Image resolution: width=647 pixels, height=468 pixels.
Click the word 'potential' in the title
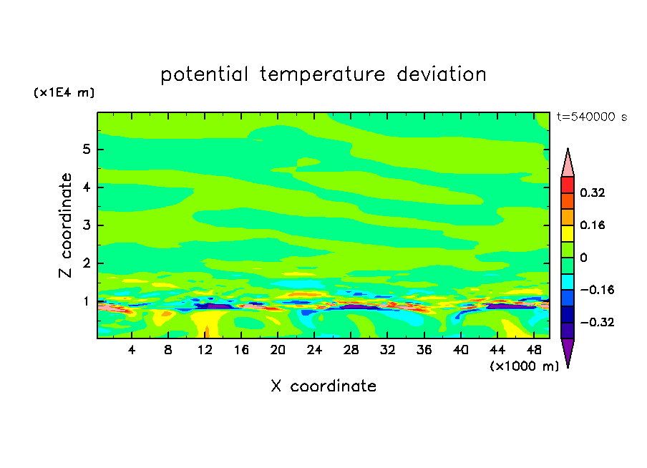[x=204, y=75]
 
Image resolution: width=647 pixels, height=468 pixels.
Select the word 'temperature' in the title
[x=322, y=75]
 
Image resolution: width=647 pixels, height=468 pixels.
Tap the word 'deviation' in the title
[x=441, y=74]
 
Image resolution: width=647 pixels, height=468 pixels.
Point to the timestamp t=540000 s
[x=592, y=117]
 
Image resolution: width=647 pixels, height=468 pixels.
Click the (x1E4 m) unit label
[x=64, y=92]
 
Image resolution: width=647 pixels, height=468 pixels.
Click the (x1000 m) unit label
[x=524, y=366]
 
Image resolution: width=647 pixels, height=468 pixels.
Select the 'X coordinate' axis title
[x=323, y=386]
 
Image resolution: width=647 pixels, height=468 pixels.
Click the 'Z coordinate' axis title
[x=66, y=225]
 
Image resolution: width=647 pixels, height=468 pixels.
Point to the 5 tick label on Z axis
[x=86, y=150]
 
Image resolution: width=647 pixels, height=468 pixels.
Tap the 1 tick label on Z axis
[x=86, y=301]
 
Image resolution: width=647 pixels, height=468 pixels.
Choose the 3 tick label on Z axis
[x=86, y=225]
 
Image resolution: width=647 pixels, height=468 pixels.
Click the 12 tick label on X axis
[x=205, y=350]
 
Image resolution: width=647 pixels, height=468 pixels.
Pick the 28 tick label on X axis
[x=351, y=350]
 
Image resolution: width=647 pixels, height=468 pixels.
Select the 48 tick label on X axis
[x=534, y=350]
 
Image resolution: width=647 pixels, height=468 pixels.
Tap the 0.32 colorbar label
[x=592, y=192]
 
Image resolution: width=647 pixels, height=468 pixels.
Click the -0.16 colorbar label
[x=597, y=290]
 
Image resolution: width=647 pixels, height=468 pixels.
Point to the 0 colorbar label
[x=583, y=258]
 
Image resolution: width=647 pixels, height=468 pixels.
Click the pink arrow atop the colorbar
[x=568, y=163]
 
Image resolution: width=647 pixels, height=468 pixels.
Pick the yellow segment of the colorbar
[x=568, y=233]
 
